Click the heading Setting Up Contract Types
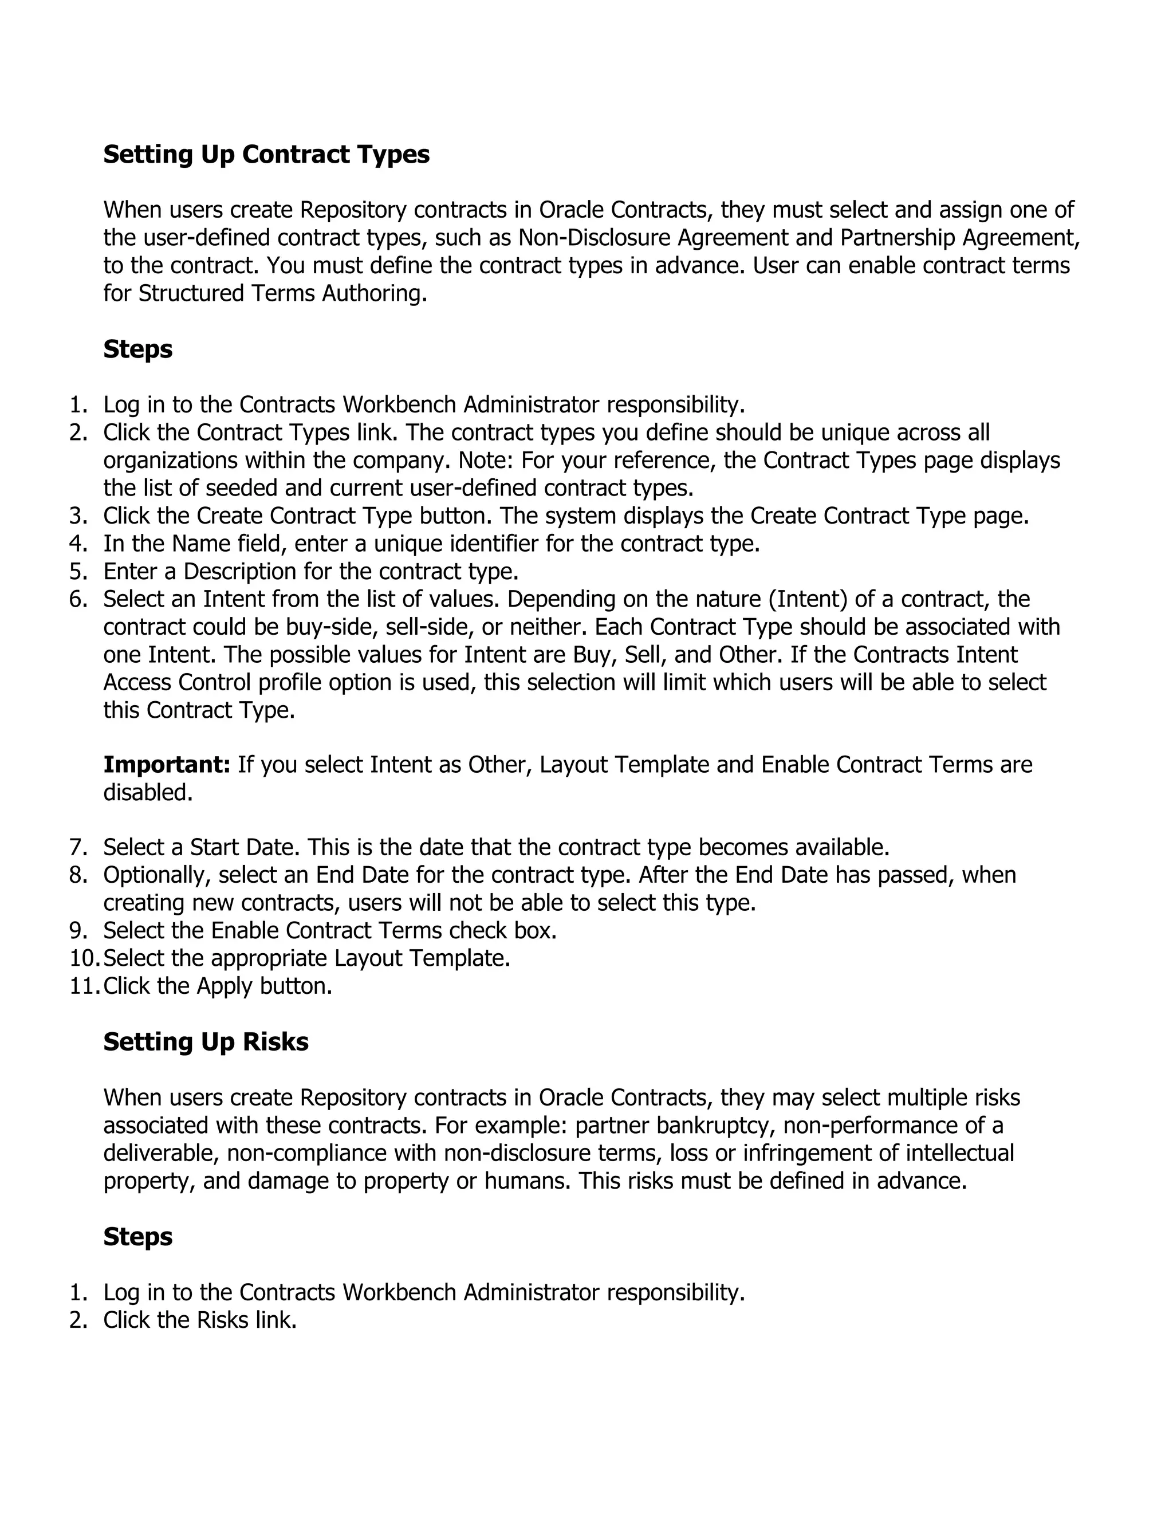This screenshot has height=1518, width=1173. coord(266,154)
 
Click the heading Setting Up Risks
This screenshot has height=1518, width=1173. coord(206,1042)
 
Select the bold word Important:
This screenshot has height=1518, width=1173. coord(167,765)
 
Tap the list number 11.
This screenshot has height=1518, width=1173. coord(84,986)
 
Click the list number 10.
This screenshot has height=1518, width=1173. coord(84,958)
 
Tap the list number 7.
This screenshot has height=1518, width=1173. coord(78,847)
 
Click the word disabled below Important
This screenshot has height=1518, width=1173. coord(147,792)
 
